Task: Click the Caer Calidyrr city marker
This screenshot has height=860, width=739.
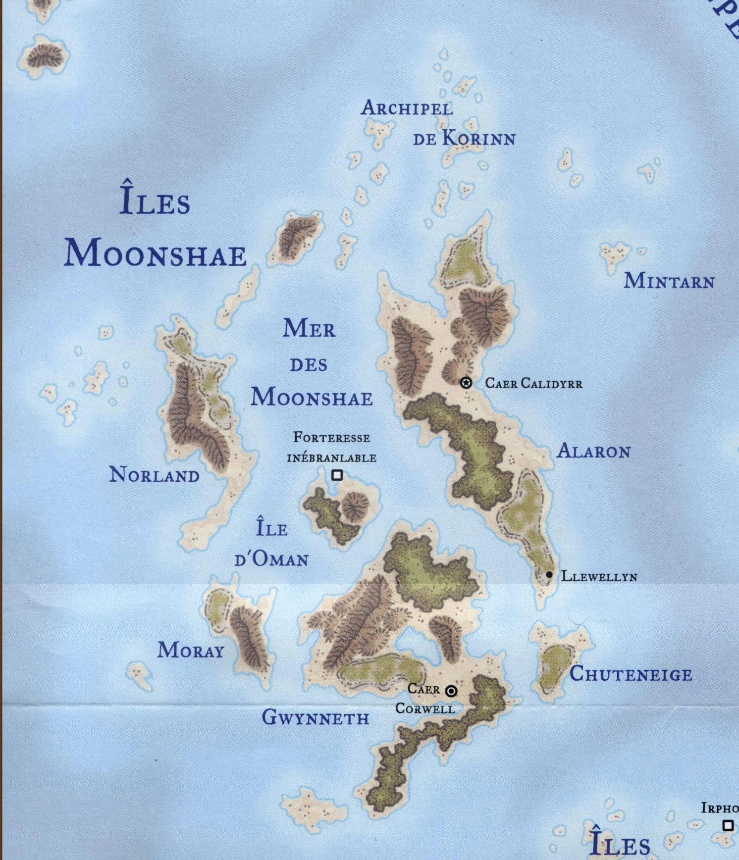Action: [x=466, y=383]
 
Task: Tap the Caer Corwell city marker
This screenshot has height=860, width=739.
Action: [x=451, y=691]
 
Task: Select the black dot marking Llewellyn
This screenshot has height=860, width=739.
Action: [x=549, y=575]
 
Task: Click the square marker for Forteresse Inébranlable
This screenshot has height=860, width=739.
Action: [x=337, y=475]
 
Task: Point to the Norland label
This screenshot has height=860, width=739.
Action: [x=154, y=475]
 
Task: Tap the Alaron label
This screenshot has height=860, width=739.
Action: [x=593, y=451]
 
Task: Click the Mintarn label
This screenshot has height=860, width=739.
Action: [x=669, y=281]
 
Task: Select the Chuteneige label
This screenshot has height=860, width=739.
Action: [x=631, y=674]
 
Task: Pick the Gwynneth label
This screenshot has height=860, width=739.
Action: [x=316, y=717]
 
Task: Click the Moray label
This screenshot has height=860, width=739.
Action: [x=191, y=650]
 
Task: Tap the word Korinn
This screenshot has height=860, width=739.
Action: [x=478, y=138]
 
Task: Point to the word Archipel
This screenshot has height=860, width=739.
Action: [x=407, y=108]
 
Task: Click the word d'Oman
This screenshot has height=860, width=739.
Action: [x=271, y=559]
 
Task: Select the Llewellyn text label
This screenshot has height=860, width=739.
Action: [x=599, y=576]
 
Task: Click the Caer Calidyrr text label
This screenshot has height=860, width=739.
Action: [x=533, y=383]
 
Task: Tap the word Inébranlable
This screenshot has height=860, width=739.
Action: [x=331, y=458]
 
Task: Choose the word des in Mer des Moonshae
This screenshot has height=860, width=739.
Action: [x=309, y=365]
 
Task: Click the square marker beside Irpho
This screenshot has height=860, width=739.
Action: [x=728, y=825]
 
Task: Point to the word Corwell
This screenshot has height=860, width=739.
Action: [x=425, y=709]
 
